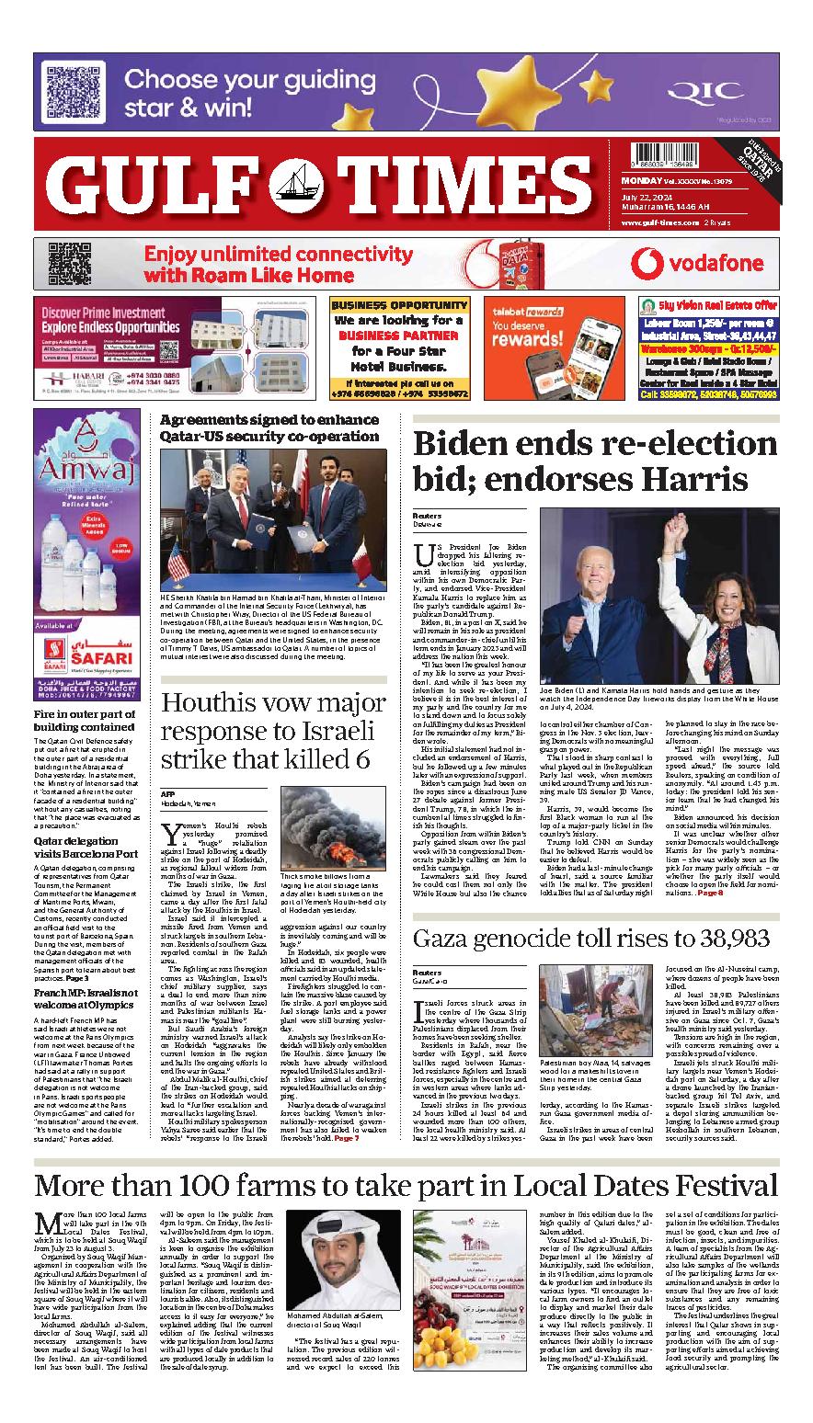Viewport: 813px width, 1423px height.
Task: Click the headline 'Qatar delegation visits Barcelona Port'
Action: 84,848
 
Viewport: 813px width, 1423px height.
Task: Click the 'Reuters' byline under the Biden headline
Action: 428,517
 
